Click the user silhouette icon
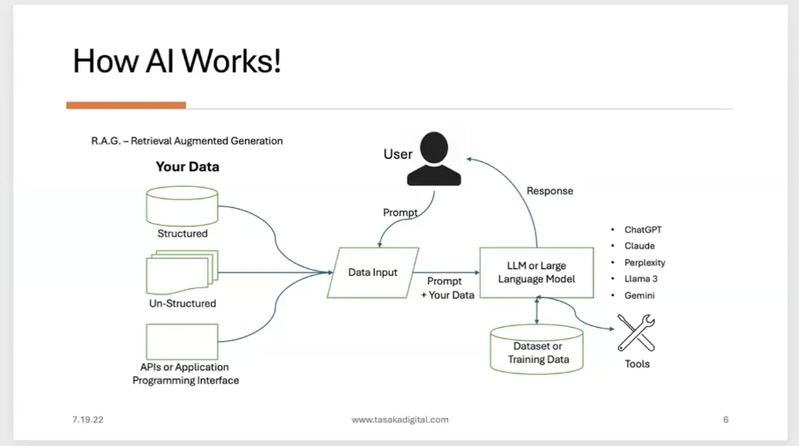[x=434, y=160]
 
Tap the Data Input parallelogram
[x=371, y=272]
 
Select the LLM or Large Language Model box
[x=534, y=272]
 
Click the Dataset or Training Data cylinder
[x=536, y=349]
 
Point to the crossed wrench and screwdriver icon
[x=636, y=333]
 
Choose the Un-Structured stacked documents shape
[x=181, y=272]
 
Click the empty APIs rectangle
[x=181, y=341]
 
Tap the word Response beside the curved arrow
[x=549, y=190]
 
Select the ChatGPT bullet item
[x=642, y=230]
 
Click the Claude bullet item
[x=639, y=246]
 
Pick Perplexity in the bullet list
[x=645, y=263]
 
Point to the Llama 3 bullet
[x=641, y=279]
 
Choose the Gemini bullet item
[x=639, y=295]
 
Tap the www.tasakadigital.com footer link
[x=399, y=420]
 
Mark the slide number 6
[x=725, y=420]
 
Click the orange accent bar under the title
[x=125, y=105]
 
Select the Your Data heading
[x=187, y=167]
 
